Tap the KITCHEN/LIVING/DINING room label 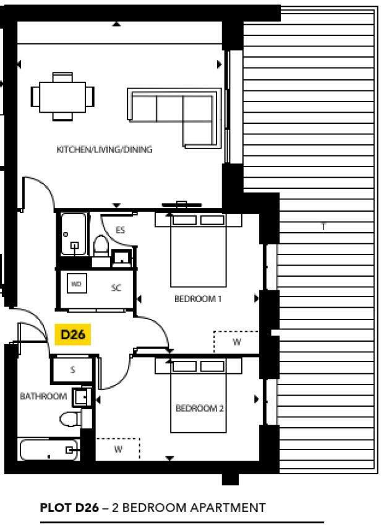click(105, 150)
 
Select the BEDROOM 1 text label click(198, 298)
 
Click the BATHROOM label click(43, 396)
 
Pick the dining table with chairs click(62, 96)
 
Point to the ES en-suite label click(121, 230)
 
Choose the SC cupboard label click(116, 288)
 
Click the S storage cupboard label click(72, 370)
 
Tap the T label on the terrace click(323, 227)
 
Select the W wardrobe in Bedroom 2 click(118, 449)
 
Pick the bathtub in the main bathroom click(49, 450)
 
